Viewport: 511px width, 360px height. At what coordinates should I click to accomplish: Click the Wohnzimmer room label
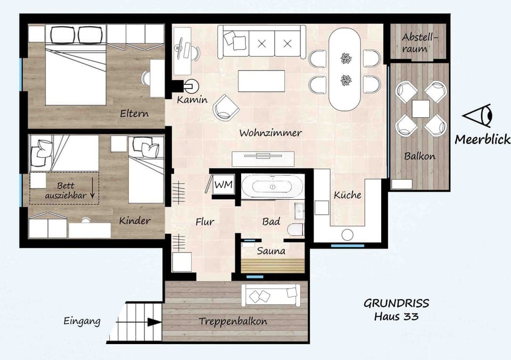click(270, 133)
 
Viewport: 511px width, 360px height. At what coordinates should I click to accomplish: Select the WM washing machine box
click(222, 185)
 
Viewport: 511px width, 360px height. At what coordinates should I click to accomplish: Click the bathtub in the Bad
click(273, 187)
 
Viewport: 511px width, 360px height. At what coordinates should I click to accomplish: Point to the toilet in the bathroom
click(295, 230)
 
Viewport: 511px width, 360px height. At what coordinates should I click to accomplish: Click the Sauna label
click(271, 250)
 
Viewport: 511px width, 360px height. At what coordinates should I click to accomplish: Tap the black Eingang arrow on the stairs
click(153, 322)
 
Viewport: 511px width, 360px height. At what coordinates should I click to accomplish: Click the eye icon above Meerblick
click(479, 116)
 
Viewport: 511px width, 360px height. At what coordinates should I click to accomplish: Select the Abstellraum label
click(418, 43)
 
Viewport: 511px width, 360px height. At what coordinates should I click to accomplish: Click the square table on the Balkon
click(421, 109)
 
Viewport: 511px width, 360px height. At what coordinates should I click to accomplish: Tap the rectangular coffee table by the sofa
click(261, 81)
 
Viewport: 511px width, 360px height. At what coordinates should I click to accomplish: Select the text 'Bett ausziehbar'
click(64, 191)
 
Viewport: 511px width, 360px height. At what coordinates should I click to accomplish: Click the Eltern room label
click(134, 113)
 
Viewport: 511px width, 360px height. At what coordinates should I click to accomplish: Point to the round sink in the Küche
click(348, 235)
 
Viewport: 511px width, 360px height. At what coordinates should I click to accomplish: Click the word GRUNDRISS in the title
click(396, 304)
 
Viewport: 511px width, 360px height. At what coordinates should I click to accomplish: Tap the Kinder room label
click(135, 220)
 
